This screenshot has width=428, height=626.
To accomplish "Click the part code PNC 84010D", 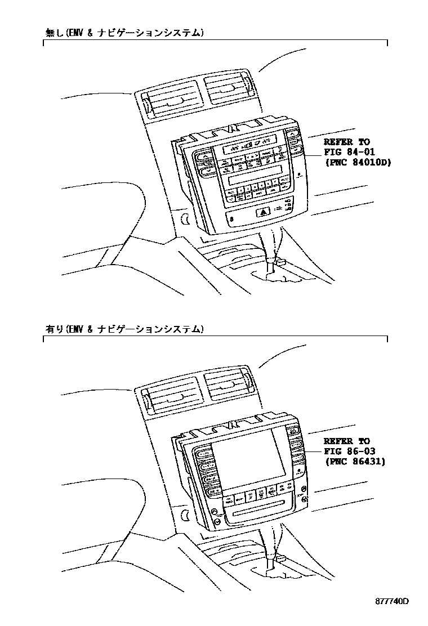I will tap(359, 163).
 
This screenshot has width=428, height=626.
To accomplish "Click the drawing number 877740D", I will tap(392, 602).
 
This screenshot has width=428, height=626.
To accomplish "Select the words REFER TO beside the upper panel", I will tap(347, 142).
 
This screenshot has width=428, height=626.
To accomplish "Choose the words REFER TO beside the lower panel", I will tap(347, 441).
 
